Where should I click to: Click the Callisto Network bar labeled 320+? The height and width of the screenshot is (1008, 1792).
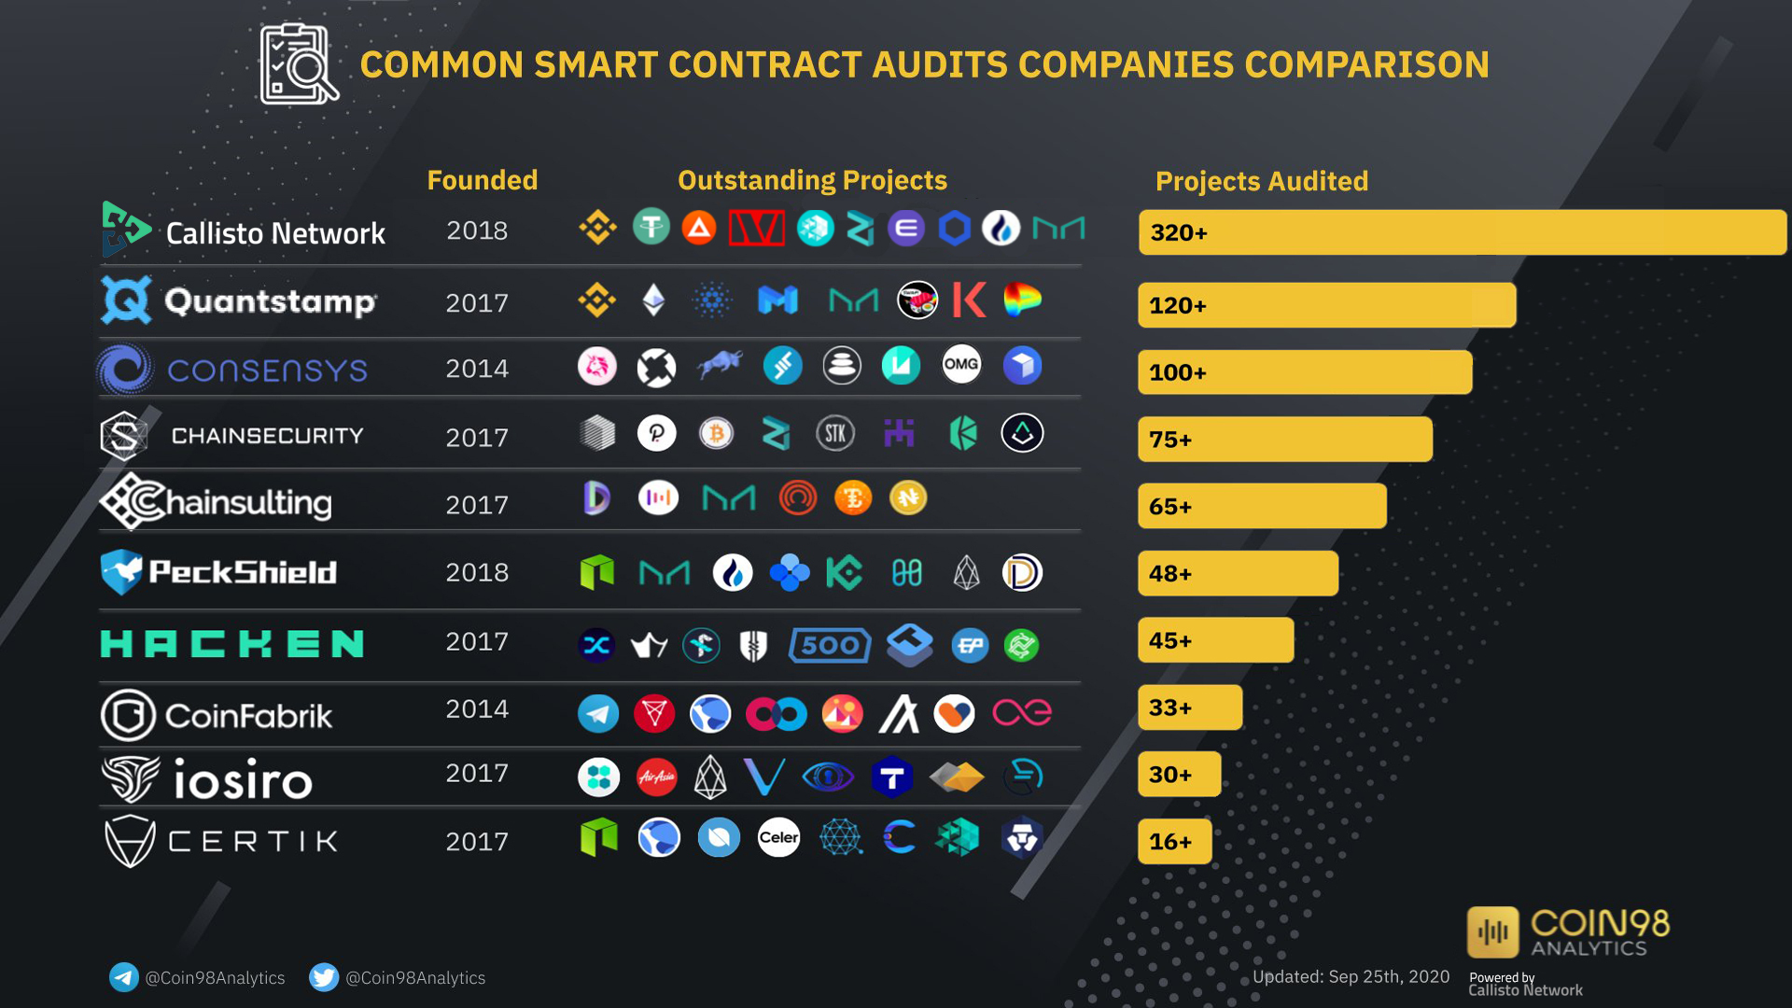pos(1462,232)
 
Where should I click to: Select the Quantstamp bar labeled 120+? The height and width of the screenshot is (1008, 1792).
pos(1326,305)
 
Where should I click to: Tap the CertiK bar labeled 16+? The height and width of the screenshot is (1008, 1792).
pos(1174,842)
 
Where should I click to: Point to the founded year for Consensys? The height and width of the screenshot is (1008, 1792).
pos(477,369)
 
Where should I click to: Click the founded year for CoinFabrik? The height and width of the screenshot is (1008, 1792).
pos(477,709)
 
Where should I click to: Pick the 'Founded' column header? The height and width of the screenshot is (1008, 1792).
pos(482,180)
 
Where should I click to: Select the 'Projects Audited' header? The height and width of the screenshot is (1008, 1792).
pos(1261,181)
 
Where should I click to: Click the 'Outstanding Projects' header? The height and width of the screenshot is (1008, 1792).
pos(812,180)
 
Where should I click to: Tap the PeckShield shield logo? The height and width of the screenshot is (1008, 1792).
pos(121,571)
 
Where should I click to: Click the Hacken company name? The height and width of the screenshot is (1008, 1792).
pos(232,644)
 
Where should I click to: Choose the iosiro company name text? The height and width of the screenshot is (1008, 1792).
pos(243,780)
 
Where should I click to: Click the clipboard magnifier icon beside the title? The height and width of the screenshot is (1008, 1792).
pos(299,63)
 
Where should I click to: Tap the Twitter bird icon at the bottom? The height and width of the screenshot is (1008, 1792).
pos(323,977)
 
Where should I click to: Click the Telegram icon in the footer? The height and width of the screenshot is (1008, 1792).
pos(123,977)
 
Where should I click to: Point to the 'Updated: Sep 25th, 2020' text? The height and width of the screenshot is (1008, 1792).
pos(1351,976)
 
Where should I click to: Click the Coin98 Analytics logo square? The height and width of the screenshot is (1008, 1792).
pos(1493,931)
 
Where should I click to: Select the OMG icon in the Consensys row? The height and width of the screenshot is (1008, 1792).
pos(961,365)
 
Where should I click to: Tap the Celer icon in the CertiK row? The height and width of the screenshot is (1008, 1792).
pos(778,837)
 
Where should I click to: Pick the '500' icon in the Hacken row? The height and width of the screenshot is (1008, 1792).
pos(830,645)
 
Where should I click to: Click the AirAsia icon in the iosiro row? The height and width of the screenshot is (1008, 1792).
pos(657,777)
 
